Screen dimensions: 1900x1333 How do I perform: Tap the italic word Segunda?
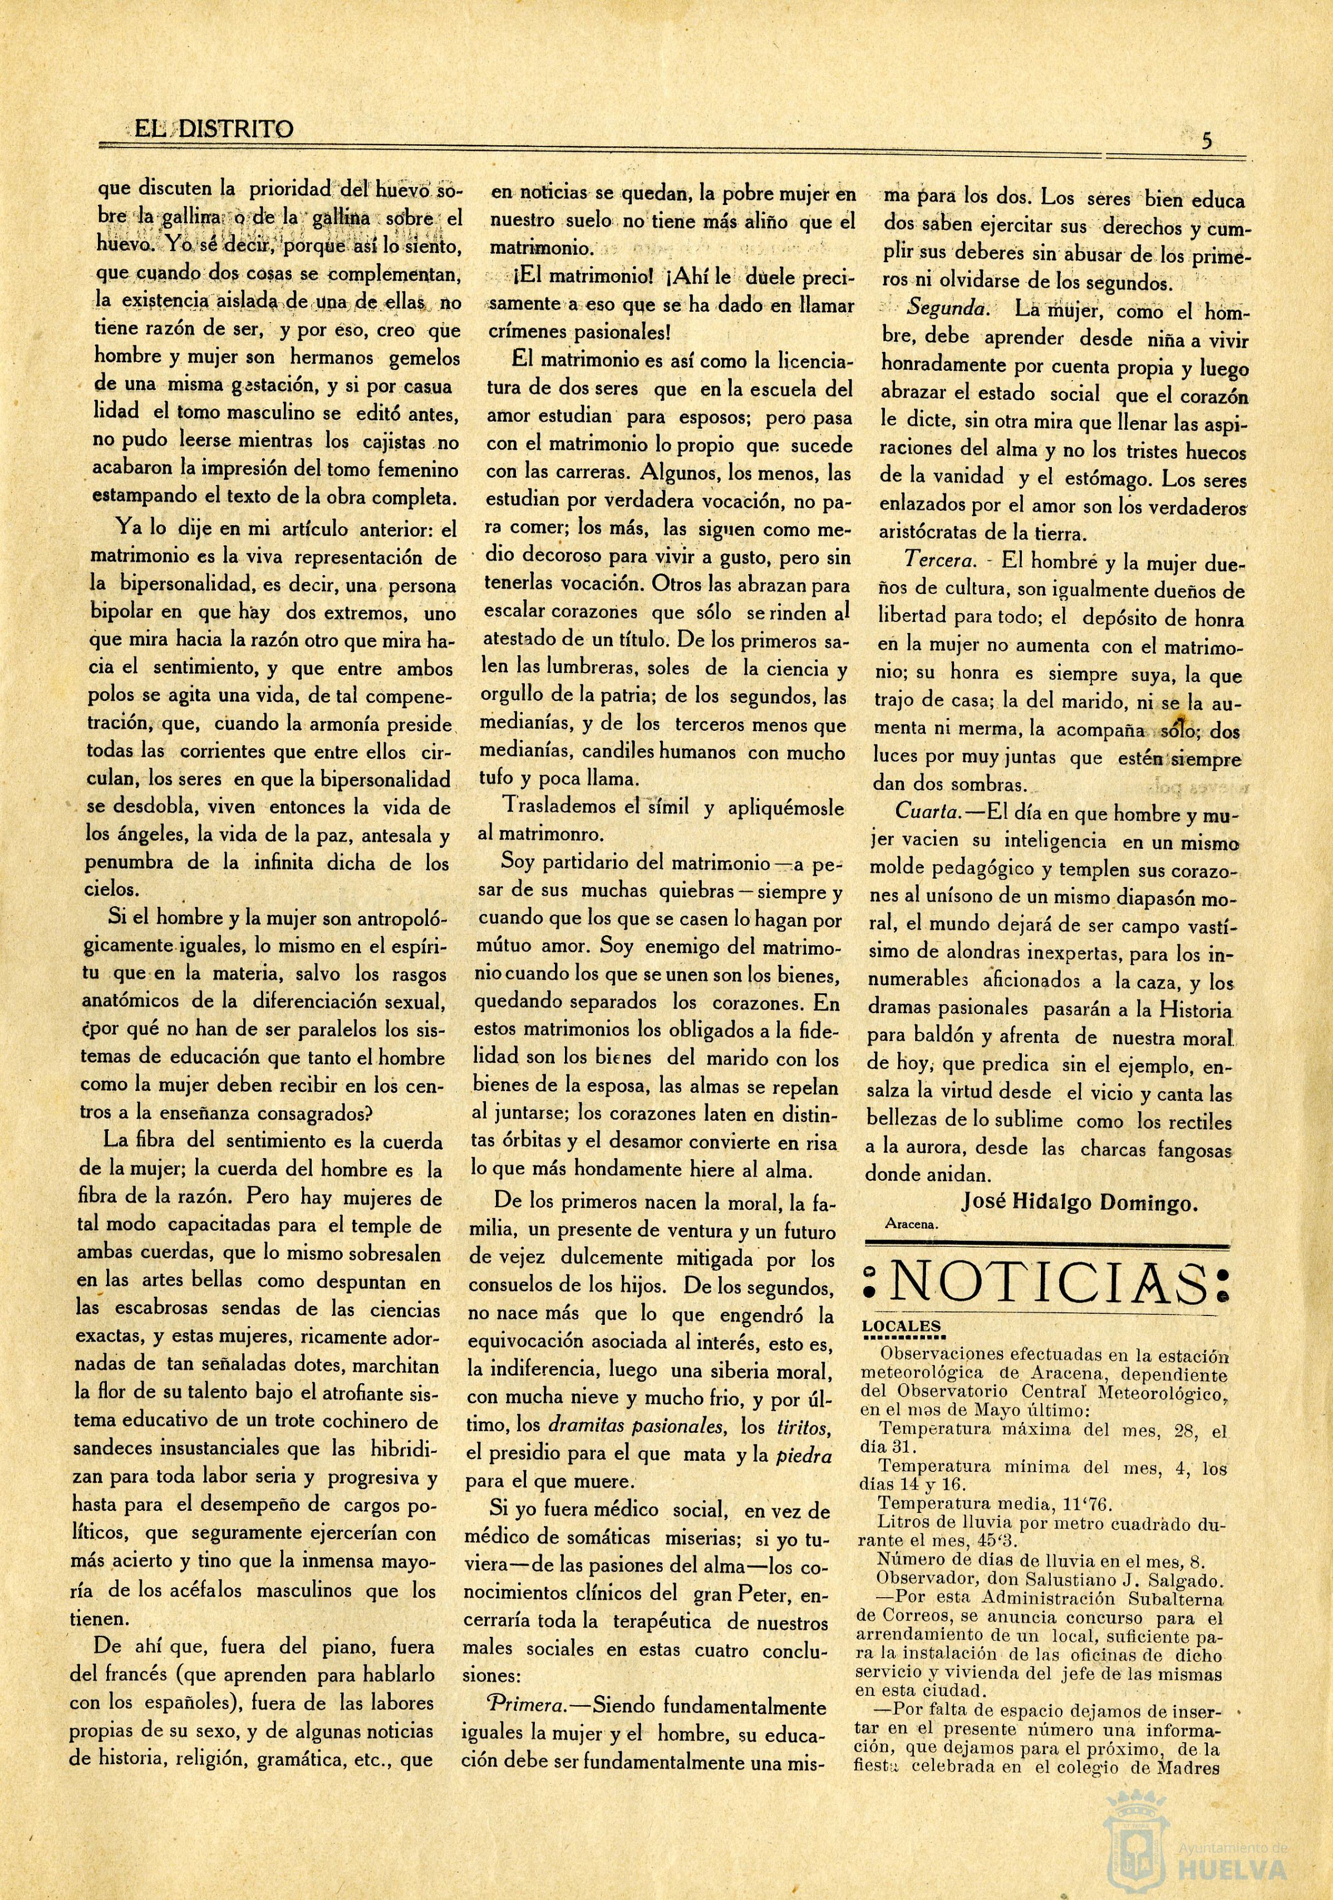point(947,308)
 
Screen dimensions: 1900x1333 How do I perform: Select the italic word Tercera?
point(938,559)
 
